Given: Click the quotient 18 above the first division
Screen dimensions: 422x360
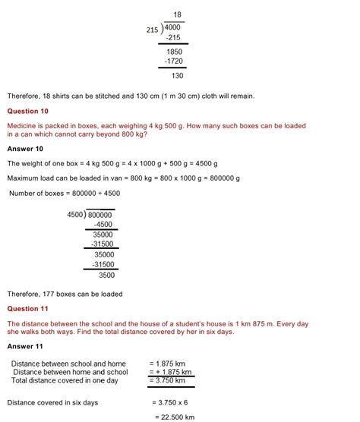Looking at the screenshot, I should pos(178,14).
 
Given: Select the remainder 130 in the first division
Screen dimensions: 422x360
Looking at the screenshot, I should pos(177,75).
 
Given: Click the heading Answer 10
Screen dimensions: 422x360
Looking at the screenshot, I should pos(26,149).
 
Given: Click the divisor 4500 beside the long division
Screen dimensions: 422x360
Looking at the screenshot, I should pos(76,215).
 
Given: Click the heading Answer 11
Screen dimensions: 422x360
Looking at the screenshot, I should pos(26,347).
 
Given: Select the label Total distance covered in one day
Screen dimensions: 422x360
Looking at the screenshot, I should pos(65,380).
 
